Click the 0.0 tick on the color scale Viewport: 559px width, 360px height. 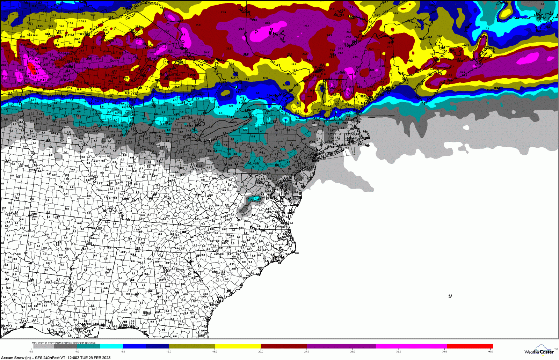31,351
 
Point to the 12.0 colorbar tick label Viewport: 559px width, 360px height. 169,351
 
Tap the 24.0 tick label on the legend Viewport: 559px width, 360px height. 306,351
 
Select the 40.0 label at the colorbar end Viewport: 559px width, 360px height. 491,351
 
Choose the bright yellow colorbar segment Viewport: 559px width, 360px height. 238,346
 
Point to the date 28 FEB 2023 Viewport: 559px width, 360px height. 99,358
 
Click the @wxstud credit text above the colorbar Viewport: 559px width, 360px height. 90,343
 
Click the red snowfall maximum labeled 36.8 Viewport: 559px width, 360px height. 34,69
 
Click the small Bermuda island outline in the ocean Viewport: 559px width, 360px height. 450,296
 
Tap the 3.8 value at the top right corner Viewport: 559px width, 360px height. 542,4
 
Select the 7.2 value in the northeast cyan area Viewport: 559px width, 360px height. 487,29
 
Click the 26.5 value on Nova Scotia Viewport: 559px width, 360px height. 463,73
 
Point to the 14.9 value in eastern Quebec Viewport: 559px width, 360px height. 395,13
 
